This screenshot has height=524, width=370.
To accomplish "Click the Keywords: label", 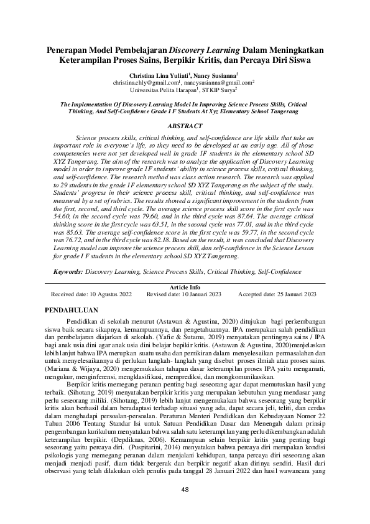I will [x=68, y=272].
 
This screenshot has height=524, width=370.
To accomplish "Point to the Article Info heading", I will [x=184, y=287].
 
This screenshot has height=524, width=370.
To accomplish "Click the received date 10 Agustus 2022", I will [x=109, y=294].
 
